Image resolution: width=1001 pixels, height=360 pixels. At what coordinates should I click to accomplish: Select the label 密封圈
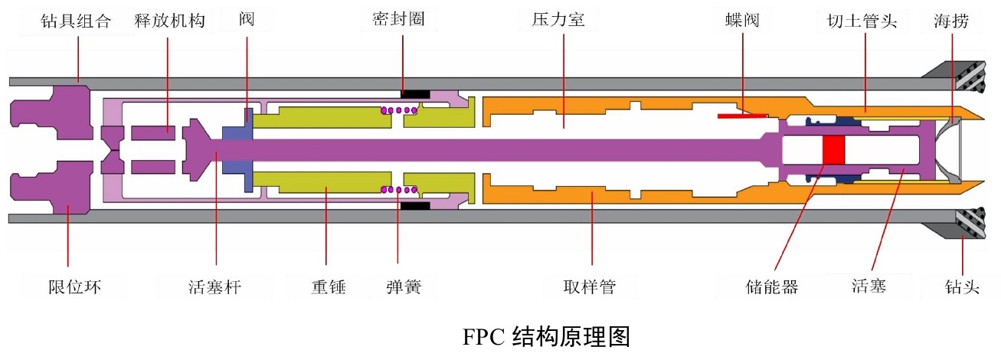coord(400,20)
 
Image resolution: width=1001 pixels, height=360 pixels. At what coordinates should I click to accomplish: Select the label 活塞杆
coord(214,287)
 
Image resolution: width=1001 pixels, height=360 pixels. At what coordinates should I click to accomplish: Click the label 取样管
coord(590,287)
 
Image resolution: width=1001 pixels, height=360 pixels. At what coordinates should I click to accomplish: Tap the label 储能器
coord(771,287)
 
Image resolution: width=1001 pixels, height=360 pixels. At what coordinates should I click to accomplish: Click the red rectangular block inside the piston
coord(833,149)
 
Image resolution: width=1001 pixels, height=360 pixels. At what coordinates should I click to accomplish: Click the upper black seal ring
coord(415,94)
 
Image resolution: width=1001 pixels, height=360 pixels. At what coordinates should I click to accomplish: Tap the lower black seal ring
coord(415,205)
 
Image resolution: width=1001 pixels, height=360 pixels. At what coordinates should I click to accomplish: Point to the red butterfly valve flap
coord(742,116)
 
